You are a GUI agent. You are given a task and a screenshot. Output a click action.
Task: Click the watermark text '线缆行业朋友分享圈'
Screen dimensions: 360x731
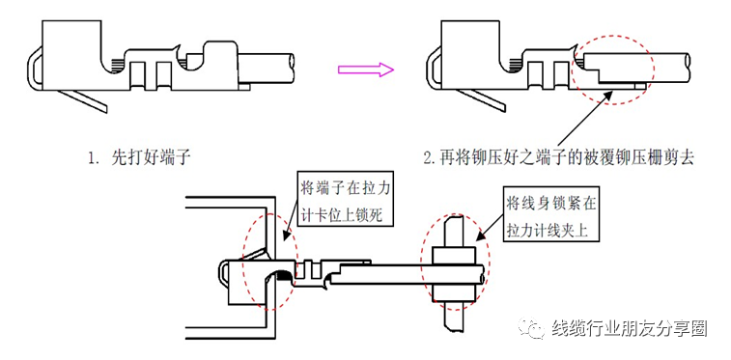point(629,328)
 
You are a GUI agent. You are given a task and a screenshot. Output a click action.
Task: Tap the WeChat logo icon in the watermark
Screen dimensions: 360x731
point(533,329)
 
